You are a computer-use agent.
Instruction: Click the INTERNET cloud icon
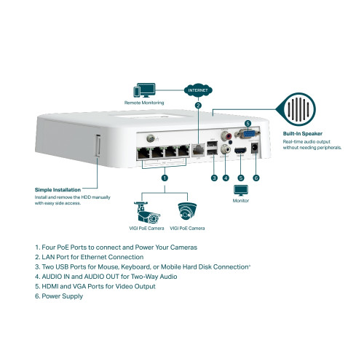pos(198,91)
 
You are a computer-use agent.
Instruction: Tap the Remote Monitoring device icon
pos(143,91)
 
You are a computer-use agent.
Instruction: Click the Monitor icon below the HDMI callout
pos(241,190)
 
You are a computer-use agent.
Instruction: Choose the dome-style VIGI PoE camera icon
pos(187,212)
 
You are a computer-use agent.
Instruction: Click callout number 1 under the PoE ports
pos(165,177)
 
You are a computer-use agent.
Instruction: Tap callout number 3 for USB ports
pos(214,177)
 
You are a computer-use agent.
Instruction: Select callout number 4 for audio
pos(226,177)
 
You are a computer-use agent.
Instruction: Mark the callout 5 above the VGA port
pos(247,123)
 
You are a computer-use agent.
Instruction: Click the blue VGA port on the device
pos(247,134)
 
